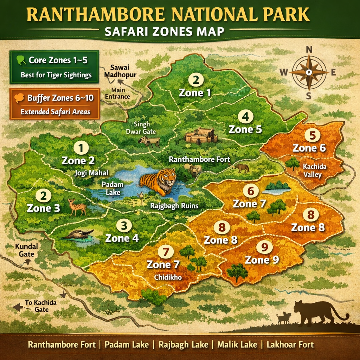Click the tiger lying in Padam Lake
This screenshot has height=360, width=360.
(x=159, y=181)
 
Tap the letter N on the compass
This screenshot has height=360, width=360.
(x=309, y=50)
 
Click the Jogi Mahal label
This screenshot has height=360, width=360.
(x=91, y=173)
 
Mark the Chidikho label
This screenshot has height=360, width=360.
(x=168, y=277)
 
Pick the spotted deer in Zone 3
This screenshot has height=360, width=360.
(x=77, y=207)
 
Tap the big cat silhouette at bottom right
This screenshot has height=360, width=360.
(x=316, y=312)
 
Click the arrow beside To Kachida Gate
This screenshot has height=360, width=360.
(x=17, y=308)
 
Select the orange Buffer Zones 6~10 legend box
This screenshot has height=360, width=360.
(x=54, y=104)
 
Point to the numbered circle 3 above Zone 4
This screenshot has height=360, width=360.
(x=123, y=225)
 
